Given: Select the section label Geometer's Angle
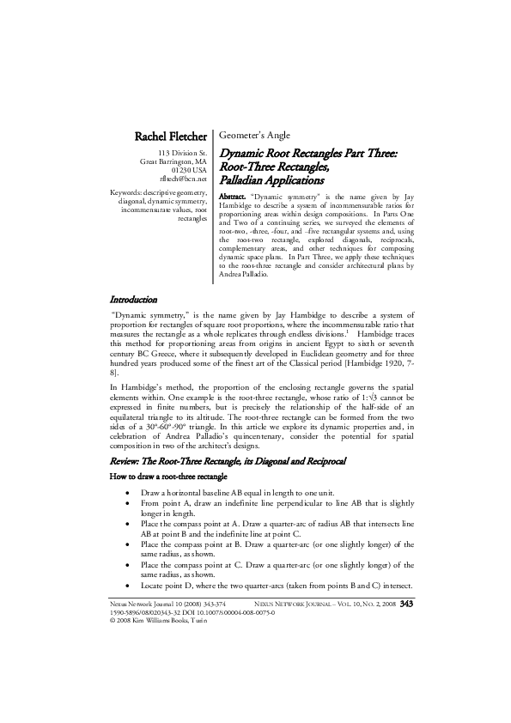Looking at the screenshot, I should point(255,136).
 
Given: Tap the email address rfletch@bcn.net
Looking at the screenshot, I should point(183,179).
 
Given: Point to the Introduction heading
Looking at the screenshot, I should point(133,300).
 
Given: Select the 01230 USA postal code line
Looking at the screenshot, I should point(189,170).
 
